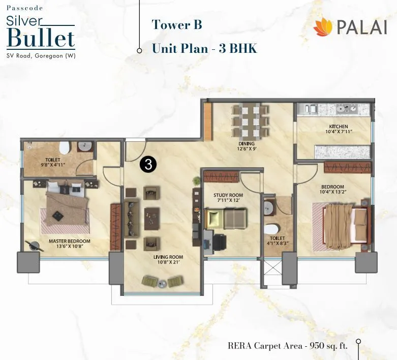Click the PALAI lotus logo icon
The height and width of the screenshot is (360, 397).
pos(323,27)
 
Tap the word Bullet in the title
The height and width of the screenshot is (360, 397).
pos(42,39)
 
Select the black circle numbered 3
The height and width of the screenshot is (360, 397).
pos(148,164)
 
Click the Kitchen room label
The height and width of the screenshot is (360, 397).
pos(338,127)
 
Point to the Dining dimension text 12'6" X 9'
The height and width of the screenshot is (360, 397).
pos(247,149)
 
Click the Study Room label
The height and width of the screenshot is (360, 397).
pos(228,195)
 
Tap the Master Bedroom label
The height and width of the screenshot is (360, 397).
pos(70,241)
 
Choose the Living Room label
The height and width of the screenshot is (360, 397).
pos(168,257)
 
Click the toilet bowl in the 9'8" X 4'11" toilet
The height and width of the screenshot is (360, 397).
pos(64,148)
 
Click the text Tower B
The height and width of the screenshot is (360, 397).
pos(176,24)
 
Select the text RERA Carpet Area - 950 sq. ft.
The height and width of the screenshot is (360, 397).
pos(287,346)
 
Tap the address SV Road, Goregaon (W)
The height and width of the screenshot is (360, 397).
pos(41,55)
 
